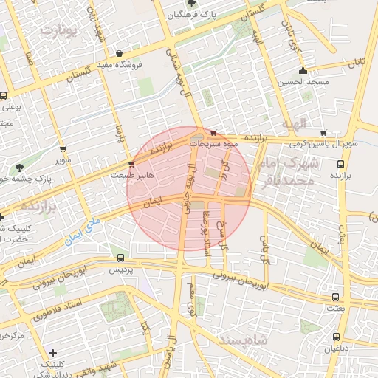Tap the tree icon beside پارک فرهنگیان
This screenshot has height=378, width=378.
click(193, 4)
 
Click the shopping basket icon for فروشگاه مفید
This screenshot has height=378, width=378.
click(120, 53)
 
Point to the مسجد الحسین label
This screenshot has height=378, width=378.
click(303, 82)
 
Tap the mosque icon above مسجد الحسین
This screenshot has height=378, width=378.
click(303, 71)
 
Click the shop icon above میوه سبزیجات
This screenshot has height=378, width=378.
click(214, 134)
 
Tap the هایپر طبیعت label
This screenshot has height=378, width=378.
click(132, 176)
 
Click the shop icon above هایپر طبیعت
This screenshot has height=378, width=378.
click(131, 164)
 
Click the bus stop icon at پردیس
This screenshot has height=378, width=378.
click(120, 258)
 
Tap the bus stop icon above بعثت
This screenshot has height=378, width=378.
click(336, 295)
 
